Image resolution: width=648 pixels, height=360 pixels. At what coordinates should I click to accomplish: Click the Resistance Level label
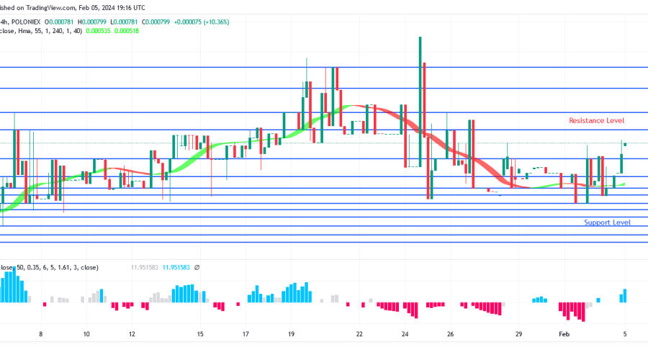pyautogui.click(x=596, y=120)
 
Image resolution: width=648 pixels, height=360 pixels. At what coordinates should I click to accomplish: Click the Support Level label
pyautogui.click(x=607, y=222)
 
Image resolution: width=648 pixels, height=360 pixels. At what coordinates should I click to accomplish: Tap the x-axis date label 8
pyautogui.click(x=41, y=334)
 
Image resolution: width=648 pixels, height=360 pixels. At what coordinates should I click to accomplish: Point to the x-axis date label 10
pyautogui.click(x=86, y=334)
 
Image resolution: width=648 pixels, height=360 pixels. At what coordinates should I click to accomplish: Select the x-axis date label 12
pyautogui.click(x=132, y=334)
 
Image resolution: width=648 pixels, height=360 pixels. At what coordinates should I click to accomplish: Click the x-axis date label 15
pyautogui.click(x=200, y=334)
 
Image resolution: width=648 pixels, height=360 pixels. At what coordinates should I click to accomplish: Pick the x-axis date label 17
pyautogui.click(x=246, y=334)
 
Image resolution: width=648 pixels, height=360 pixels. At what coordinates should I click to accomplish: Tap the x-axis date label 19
pyautogui.click(x=291, y=334)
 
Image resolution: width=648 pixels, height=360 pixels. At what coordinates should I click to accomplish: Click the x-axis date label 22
pyautogui.click(x=359, y=334)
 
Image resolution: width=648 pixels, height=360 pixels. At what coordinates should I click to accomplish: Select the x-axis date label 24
pyautogui.click(x=405, y=334)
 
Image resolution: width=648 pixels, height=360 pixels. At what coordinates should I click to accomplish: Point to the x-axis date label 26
pyautogui.click(x=451, y=334)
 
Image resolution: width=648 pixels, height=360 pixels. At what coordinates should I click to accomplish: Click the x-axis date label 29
pyautogui.click(x=518, y=334)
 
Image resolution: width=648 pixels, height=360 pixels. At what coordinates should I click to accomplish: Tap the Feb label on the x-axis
pyautogui.click(x=564, y=334)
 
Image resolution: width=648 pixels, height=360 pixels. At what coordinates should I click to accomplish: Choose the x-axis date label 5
pyautogui.click(x=624, y=334)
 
